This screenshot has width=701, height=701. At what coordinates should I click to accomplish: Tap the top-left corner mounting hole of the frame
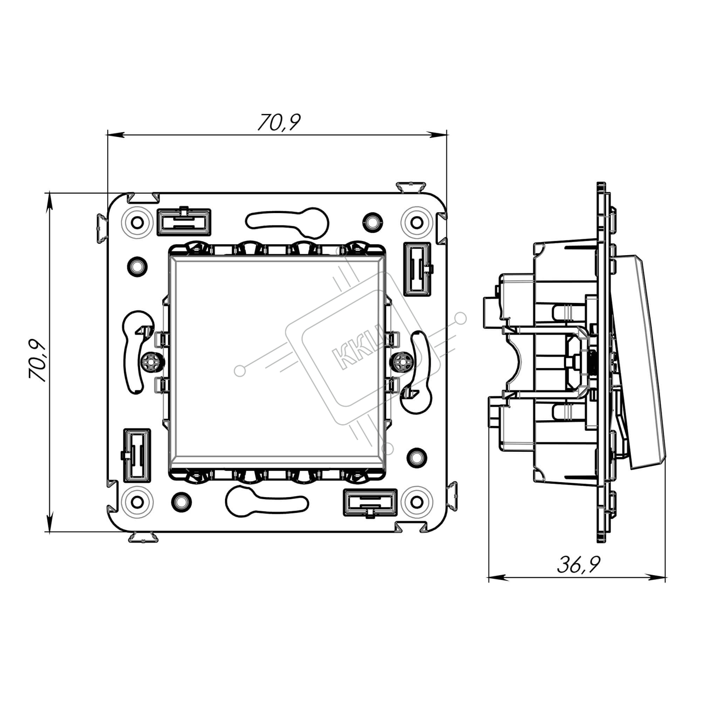[x=137, y=222]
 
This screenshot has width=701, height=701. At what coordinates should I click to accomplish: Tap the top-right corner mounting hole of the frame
[x=417, y=222]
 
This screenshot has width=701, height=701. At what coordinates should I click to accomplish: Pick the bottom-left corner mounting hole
[x=137, y=502]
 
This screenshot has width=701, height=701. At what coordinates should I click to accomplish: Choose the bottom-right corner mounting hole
[x=417, y=502]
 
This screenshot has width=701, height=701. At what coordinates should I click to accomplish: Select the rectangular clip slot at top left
[x=184, y=222]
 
